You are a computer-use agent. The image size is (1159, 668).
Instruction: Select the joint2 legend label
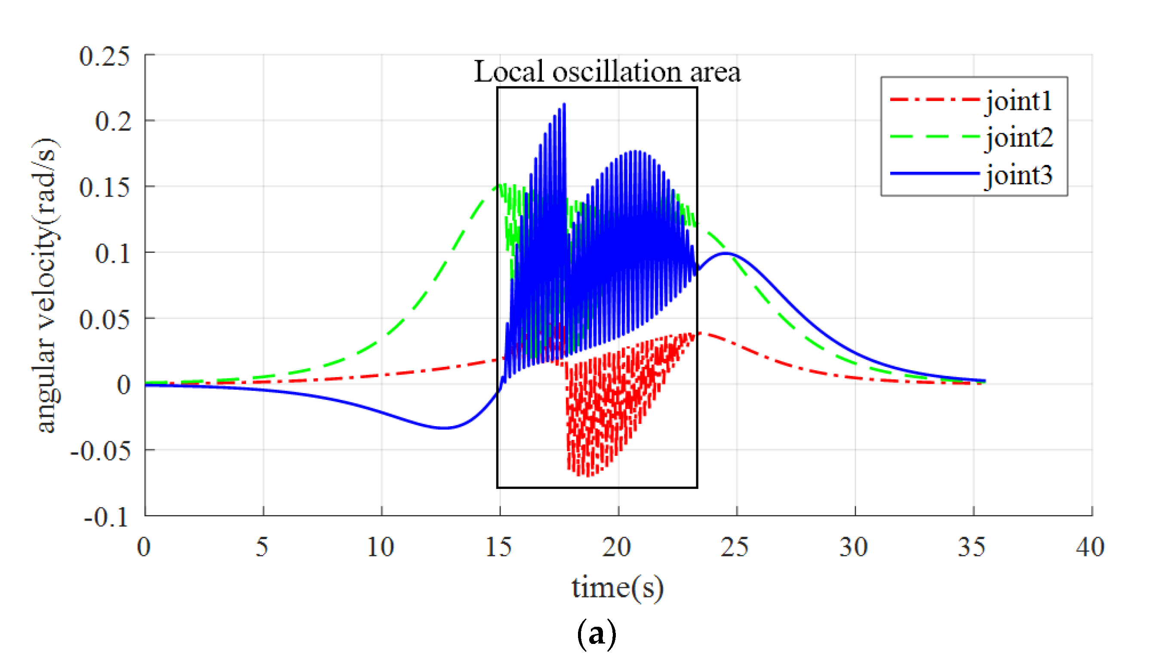pos(1018,137)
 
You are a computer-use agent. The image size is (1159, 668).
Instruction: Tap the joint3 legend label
pos(1018,175)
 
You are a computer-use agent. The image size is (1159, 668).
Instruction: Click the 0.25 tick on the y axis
pos(104,56)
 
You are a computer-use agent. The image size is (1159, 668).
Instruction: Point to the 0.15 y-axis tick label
pos(104,188)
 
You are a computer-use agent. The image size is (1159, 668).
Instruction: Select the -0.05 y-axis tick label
pos(100,451)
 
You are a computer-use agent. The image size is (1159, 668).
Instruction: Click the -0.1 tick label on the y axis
pos(106,518)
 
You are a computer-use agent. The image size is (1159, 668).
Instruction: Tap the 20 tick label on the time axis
pos(617,547)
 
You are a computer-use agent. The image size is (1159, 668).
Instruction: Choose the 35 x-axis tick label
pos(971,547)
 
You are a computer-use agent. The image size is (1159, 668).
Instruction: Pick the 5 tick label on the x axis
pos(262,547)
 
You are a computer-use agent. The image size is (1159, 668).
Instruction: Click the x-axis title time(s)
pos(617,588)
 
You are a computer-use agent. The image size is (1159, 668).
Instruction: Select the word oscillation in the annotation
pos(616,72)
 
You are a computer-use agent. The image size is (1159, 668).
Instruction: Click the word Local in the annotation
pos(509,72)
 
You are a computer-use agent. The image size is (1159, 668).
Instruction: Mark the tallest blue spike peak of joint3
pos(564,104)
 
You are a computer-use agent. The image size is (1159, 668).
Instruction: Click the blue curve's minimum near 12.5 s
pos(443,427)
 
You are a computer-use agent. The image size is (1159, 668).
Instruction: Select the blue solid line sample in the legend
pos(935,174)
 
